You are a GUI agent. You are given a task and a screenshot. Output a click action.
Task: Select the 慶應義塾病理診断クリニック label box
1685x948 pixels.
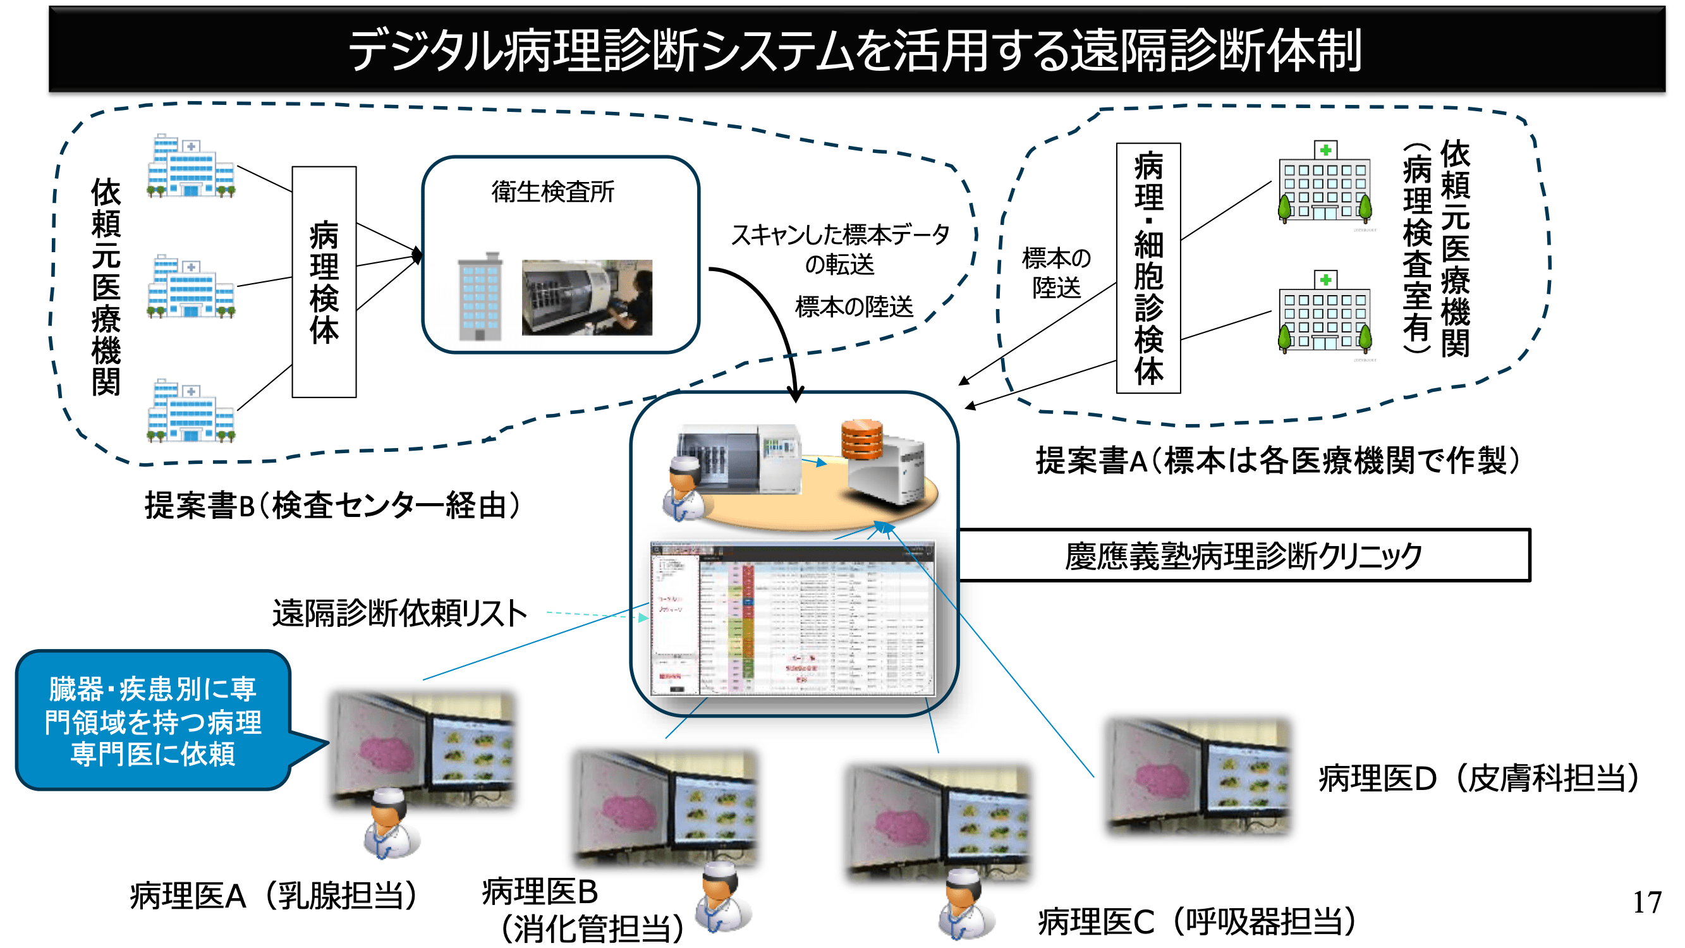(1243, 556)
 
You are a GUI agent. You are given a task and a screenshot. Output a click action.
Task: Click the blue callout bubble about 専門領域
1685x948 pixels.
(153, 720)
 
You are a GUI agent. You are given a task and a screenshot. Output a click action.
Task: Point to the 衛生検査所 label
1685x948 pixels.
(553, 191)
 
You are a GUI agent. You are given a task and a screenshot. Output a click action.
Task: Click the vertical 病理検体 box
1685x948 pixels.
(324, 281)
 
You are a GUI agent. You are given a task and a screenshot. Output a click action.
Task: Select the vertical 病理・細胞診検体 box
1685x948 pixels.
(1148, 268)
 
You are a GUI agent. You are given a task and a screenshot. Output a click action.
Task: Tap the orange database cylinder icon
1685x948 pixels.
(861, 440)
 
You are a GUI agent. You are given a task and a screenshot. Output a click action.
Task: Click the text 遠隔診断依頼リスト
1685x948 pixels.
(399, 614)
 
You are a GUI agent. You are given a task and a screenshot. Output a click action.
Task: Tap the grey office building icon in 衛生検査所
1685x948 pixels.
(480, 298)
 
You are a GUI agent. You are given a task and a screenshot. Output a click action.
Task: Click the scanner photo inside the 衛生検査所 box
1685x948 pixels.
(587, 298)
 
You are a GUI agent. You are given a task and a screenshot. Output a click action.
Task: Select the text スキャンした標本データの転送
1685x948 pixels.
(839, 249)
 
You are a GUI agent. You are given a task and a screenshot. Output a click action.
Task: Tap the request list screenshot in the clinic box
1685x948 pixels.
(792, 618)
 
